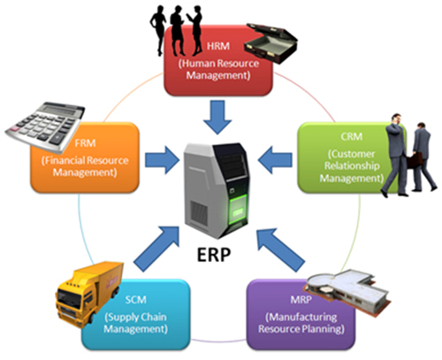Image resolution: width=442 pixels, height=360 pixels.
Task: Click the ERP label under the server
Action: (214, 254)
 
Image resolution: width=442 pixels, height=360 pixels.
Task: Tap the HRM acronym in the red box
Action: (218, 46)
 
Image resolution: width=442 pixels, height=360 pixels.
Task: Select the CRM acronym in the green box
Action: (352, 137)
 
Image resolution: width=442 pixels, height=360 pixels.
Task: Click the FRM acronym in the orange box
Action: (85, 143)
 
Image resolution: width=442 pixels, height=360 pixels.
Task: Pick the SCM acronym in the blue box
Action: (136, 300)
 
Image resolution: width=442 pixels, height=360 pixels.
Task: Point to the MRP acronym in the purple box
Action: (301, 300)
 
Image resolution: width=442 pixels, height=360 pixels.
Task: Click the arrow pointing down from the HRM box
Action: (217, 117)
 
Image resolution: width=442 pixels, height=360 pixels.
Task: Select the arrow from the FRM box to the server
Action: (162, 160)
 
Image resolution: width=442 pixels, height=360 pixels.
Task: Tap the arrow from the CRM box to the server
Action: (275, 160)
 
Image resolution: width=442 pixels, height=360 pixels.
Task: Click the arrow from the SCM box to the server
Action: (156, 249)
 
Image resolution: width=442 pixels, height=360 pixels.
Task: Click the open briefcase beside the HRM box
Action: (271, 43)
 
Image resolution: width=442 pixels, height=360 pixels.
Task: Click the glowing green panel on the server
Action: (238, 208)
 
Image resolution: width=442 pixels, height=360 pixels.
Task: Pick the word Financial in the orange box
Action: (64, 161)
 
